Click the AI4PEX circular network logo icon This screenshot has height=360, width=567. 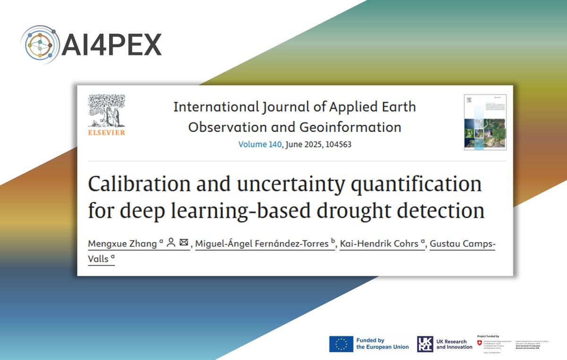tap(40, 44)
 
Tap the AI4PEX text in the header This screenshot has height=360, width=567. tap(112, 44)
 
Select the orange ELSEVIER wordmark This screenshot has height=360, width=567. tap(106, 133)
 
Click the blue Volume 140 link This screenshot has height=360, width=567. tap(260, 144)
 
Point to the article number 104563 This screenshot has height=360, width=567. tap(335, 144)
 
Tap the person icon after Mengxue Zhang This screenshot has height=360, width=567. tap(171, 243)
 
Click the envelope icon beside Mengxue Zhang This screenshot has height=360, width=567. tap(184, 243)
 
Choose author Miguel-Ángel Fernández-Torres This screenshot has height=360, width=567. tap(262, 243)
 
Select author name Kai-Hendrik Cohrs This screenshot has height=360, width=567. tap(379, 243)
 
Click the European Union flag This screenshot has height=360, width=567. tap(341, 344)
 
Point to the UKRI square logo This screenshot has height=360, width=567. tap(425, 344)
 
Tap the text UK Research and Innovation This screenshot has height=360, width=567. tap(454, 344)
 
